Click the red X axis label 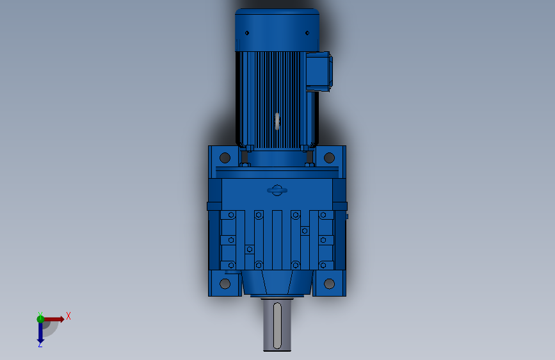click(68, 316)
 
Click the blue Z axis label click(40, 344)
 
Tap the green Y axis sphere click(40, 319)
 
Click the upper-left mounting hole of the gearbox click(225, 158)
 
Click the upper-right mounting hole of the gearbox click(329, 158)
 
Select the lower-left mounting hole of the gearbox click(225, 284)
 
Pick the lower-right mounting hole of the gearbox click(329, 284)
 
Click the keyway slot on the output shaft click(277, 325)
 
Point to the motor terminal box click(319, 72)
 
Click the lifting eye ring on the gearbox click(277, 190)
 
